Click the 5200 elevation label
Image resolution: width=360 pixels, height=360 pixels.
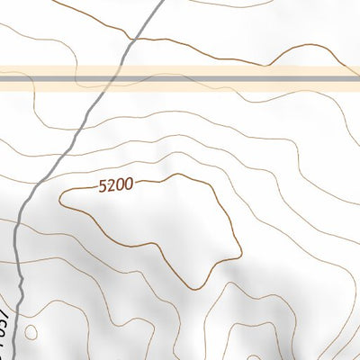117,184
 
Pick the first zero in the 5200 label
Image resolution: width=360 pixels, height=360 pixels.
121,184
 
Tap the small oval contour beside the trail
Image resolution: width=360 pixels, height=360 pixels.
31,333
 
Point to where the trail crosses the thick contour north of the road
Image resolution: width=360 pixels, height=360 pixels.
133,40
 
